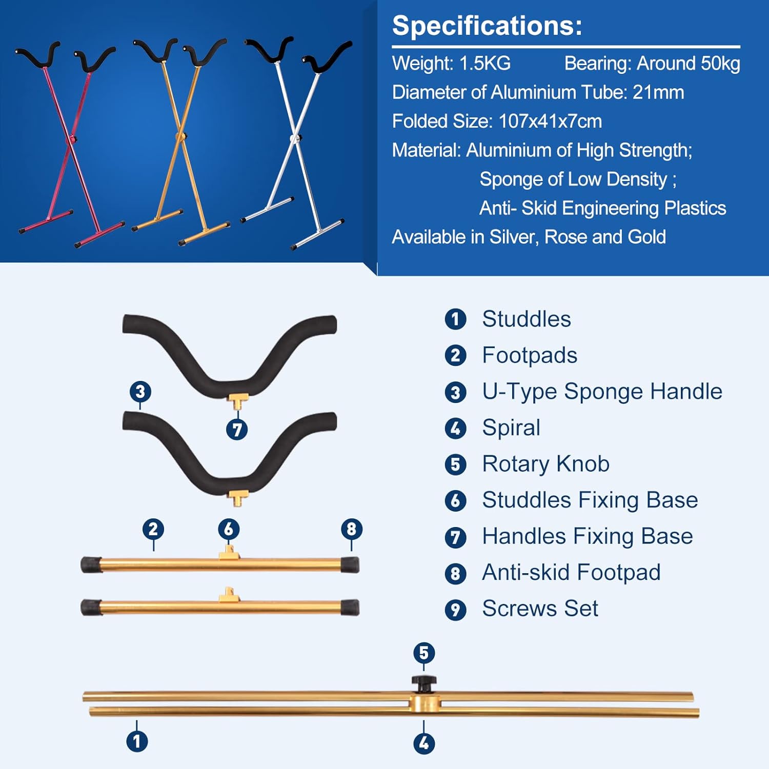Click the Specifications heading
click(x=487, y=26)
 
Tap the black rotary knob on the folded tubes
click(x=424, y=683)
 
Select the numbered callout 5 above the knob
click(x=424, y=653)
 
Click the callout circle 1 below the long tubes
click(x=137, y=741)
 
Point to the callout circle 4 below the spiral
click(x=424, y=743)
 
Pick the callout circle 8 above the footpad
click(x=352, y=529)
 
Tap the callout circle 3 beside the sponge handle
click(x=140, y=392)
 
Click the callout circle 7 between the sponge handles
click(x=237, y=430)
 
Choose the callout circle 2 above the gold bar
click(x=153, y=529)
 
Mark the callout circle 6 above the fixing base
click(x=229, y=529)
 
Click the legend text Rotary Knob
click(x=546, y=464)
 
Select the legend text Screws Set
click(x=540, y=609)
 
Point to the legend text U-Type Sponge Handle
click(x=602, y=392)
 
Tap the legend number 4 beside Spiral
click(x=455, y=429)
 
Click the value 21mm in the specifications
click(x=658, y=93)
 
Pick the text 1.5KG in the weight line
click(x=485, y=64)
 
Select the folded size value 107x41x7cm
click(x=550, y=122)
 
